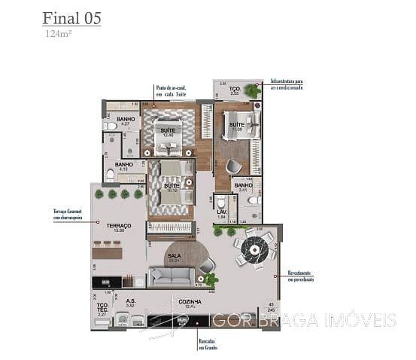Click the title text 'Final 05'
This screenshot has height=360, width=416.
71,18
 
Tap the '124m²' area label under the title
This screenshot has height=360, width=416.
56,34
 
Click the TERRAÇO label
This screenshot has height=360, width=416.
119,226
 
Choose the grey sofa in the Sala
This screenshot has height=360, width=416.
171,276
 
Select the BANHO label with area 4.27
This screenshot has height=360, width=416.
126,120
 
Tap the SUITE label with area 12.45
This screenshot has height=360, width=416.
167,131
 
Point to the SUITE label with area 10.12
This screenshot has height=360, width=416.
172,186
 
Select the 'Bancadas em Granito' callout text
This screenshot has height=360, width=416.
208,344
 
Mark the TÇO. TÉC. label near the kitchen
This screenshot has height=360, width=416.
103,307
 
